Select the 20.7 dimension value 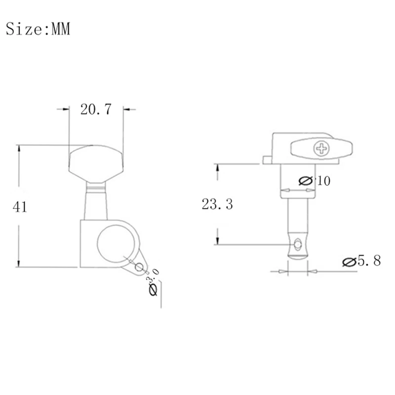click(96, 110)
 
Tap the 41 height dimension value click(19, 207)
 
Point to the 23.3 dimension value click(217, 204)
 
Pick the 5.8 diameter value click(369, 261)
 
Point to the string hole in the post click(297, 244)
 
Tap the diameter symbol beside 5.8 click(349, 262)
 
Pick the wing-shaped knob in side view click(322, 148)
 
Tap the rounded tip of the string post click(297, 254)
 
